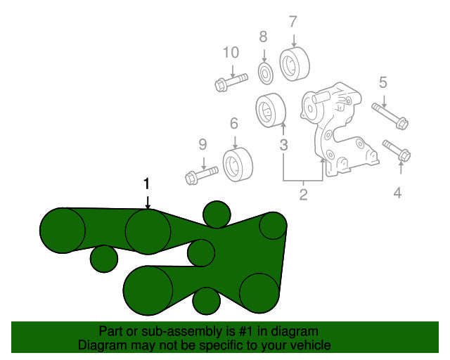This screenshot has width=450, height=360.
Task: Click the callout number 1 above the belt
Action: (x=147, y=184)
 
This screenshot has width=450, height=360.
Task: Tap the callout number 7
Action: (x=293, y=22)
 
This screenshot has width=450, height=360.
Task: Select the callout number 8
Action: (x=263, y=37)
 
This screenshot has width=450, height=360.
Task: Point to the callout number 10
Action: (x=231, y=53)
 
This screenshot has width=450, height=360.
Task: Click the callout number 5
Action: (x=383, y=82)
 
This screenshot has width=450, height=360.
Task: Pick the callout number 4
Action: (x=397, y=193)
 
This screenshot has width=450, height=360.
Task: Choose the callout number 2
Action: (x=304, y=195)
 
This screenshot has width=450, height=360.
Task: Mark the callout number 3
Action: (x=283, y=145)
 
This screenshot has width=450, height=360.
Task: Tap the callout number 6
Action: (x=234, y=124)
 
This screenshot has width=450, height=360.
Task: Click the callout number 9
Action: (x=203, y=144)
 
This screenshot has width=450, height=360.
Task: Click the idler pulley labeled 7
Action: (x=295, y=64)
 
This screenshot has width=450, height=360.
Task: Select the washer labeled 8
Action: (x=266, y=74)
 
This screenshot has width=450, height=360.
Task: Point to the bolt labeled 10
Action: (x=231, y=82)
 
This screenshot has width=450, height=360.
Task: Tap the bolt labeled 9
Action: (x=202, y=175)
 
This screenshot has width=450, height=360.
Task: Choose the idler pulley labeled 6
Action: (x=238, y=165)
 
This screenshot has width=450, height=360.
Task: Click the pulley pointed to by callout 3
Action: (x=271, y=110)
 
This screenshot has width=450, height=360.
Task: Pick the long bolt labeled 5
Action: (x=390, y=116)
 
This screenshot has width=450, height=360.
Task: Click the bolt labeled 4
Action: (x=397, y=151)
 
